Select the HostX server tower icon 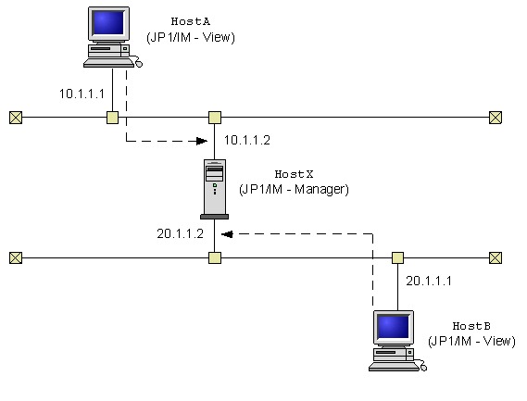coord(214,188)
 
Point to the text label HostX coord(293,175)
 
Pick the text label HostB coord(471,327)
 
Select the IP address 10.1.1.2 coord(247,140)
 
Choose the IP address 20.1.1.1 coord(431,280)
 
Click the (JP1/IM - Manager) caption coord(294,189)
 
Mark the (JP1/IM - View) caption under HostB coord(471,341)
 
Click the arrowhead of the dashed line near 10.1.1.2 coord(198,142)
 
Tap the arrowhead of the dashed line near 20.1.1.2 coord(229,233)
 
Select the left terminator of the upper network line coord(15,118)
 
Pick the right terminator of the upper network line coord(496,118)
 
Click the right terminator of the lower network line coord(496,257)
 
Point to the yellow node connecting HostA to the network coord(112,118)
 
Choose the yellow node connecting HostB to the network coord(397,257)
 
